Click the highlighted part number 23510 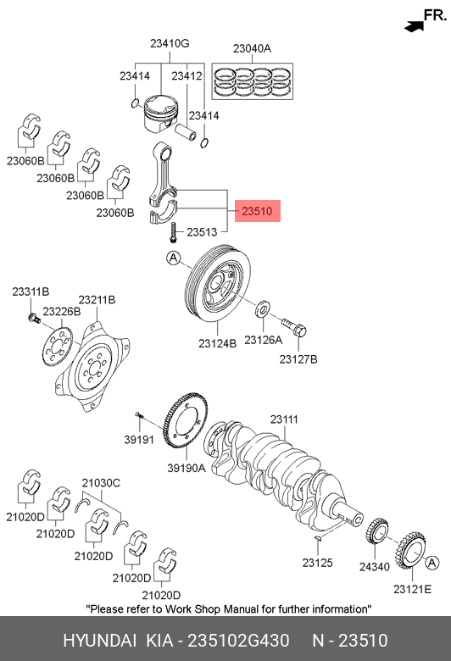(x=257, y=211)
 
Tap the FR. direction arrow (x=414, y=26)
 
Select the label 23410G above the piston (x=170, y=43)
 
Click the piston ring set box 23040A (x=253, y=81)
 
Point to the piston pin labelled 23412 (x=186, y=131)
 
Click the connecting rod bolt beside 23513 (x=172, y=233)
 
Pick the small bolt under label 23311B (x=33, y=318)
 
